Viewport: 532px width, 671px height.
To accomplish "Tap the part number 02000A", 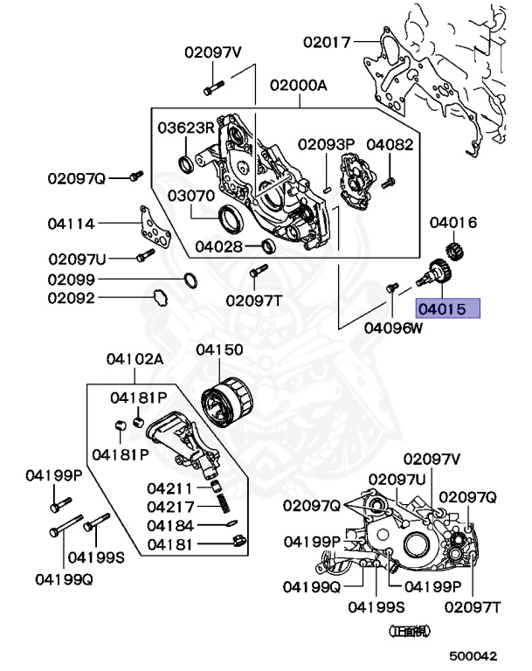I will click(298, 86).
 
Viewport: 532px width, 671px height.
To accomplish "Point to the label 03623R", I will click(185, 128).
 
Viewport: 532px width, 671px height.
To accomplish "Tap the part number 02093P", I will click(325, 144).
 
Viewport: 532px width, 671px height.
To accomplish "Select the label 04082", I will click(390, 144).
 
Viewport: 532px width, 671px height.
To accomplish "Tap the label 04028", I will click(218, 246).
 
